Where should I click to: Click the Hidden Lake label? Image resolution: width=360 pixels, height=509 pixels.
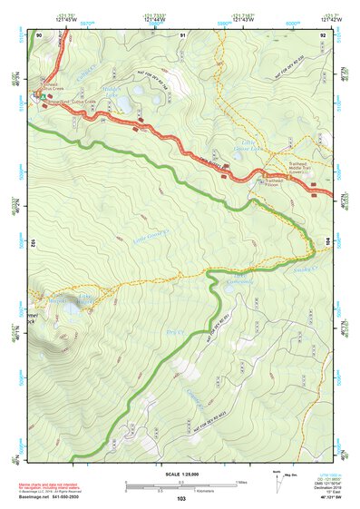(111, 93)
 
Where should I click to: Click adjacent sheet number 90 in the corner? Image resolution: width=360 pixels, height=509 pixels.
(39, 35)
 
